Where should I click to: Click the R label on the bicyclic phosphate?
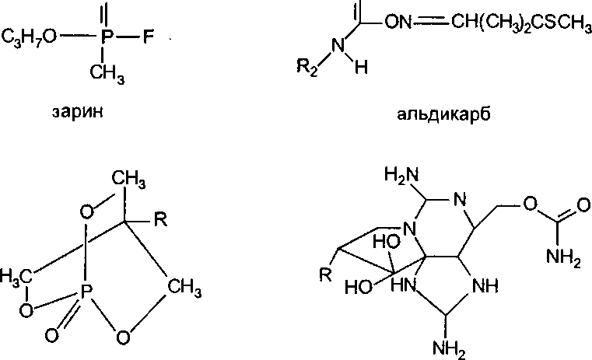160,221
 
